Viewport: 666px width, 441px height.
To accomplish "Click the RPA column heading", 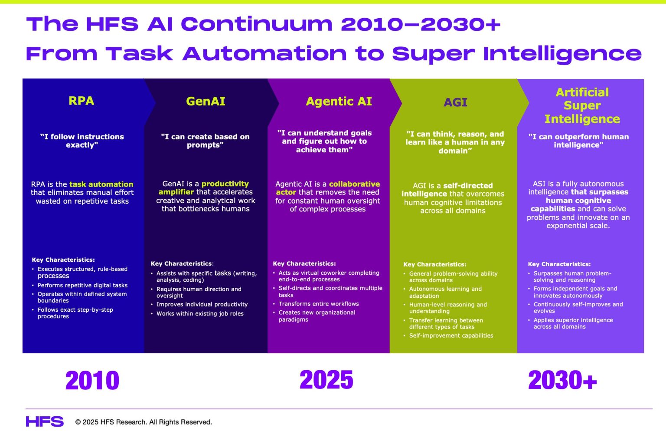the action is (81, 101).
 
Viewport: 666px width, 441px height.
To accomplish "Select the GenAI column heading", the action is (206, 102).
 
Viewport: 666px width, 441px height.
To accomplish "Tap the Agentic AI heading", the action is (339, 102).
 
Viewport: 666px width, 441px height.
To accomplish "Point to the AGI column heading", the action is (455, 103).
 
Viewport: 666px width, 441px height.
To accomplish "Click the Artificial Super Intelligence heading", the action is (582, 105).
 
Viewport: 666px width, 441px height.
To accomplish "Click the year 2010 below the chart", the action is (92, 380).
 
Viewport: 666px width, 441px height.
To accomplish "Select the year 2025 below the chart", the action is (326, 380).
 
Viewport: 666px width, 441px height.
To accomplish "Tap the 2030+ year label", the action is (562, 380).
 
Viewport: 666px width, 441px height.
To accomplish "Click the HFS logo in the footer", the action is (45, 421).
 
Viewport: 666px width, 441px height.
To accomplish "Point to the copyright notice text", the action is (144, 422).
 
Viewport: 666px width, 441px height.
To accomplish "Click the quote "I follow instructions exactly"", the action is (82, 141).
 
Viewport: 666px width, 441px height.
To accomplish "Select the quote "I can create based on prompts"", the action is (205, 141).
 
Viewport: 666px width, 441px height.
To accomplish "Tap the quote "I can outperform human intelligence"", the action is (578, 141).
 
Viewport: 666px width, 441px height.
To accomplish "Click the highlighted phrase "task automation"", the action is (101, 184).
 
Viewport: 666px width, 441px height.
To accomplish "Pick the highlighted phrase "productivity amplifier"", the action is (204, 188).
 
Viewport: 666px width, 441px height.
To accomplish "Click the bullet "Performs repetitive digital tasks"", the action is (82, 285).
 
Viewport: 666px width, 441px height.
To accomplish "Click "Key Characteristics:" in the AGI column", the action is (435, 264).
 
